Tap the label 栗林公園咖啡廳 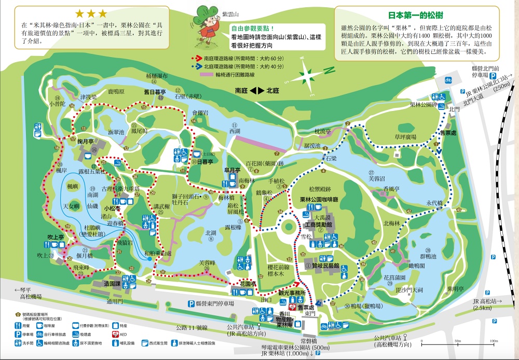click(x=319, y=200)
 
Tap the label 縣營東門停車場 click(x=211, y=303)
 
